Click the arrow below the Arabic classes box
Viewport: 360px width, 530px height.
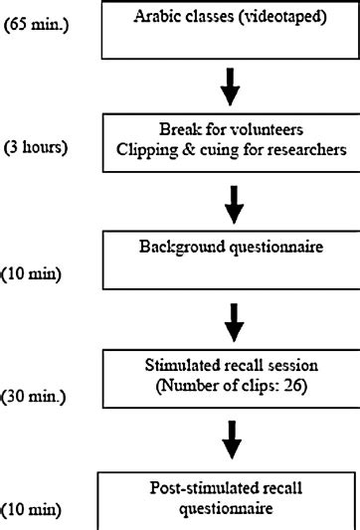(231, 86)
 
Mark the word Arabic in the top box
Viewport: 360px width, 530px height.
(173, 15)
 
